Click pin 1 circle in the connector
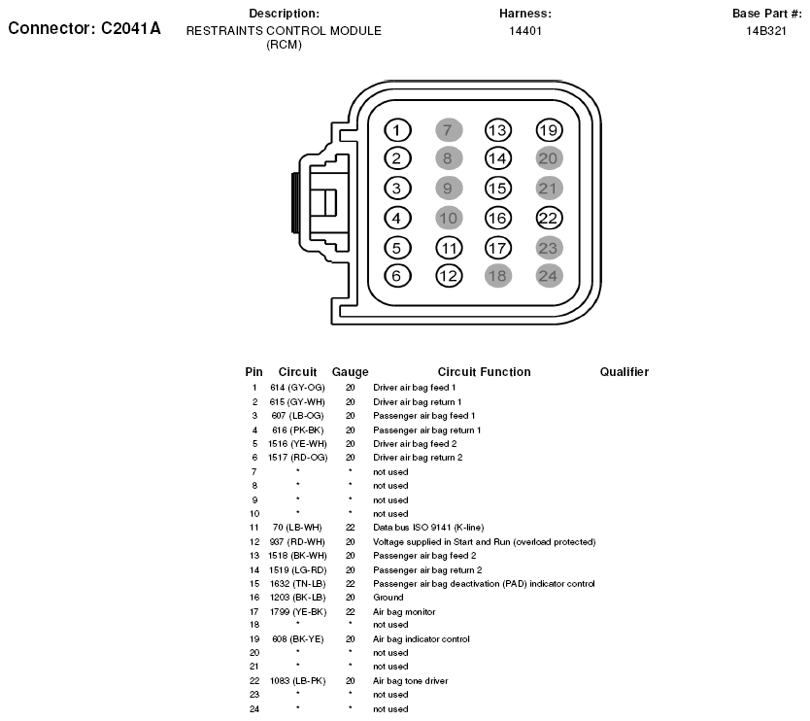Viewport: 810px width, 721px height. tap(397, 130)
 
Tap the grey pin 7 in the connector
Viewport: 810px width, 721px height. tap(448, 130)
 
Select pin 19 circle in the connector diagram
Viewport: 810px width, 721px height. tap(549, 130)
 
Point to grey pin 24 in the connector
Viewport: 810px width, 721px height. tap(549, 275)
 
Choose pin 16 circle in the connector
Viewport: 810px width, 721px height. tap(497, 218)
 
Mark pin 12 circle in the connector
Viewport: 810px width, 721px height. tap(448, 275)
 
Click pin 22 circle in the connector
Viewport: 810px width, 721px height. tap(549, 218)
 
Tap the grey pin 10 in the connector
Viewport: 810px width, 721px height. tap(448, 218)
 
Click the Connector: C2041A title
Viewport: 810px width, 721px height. tap(84, 28)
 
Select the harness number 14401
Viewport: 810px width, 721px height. tap(525, 30)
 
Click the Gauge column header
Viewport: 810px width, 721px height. tap(350, 372)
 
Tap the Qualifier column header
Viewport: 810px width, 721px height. tap(624, 372)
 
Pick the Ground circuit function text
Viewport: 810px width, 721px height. tap(388, 598)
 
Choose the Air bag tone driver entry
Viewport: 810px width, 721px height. tap(410, 681)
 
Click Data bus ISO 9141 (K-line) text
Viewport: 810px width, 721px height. tap(428, 527)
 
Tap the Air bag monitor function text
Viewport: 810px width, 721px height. tap(404, 612)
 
